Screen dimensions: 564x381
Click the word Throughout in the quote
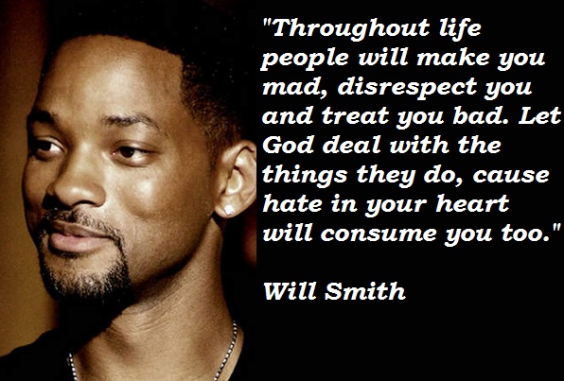click(351, 29)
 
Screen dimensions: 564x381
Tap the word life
click(461, 28)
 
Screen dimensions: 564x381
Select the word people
click(305, 60)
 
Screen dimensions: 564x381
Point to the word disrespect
click(407, 86)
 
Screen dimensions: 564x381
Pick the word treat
click(355, 116)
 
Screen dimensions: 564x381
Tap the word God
click(289, 146)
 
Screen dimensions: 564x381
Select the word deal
click(351, 146)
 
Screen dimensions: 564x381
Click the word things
click(305, 176)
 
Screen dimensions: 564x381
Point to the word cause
click(511, 176)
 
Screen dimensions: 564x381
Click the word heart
click(472, 204)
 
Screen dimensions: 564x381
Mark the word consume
click(379, 234)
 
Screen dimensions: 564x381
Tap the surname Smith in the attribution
click(364, 290)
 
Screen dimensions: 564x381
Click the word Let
click(540, 115)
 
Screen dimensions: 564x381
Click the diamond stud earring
click(228, 210)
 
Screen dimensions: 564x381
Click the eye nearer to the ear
click(128, 151)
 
